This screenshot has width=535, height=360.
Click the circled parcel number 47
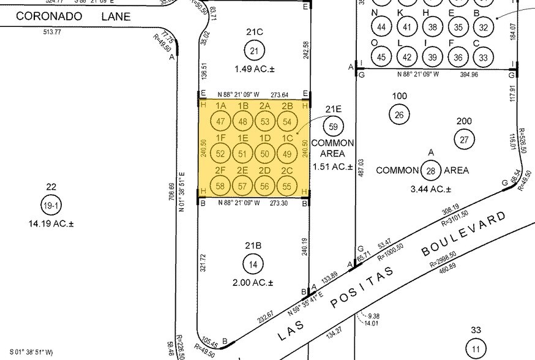point(222,121)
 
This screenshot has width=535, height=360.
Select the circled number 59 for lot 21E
point(334,127)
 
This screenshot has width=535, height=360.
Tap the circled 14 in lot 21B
point(253,264)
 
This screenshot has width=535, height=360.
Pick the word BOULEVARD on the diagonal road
point(465,234)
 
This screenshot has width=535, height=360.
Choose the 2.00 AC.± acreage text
point(254,283)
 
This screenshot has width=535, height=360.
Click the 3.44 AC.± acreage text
point(432,190)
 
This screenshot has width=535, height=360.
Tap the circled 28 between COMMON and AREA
point(431,170)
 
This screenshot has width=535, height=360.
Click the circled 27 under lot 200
point(464,140)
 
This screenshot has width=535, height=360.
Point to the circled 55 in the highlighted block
point(286,184)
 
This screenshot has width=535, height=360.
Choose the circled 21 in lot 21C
point(253,50)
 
